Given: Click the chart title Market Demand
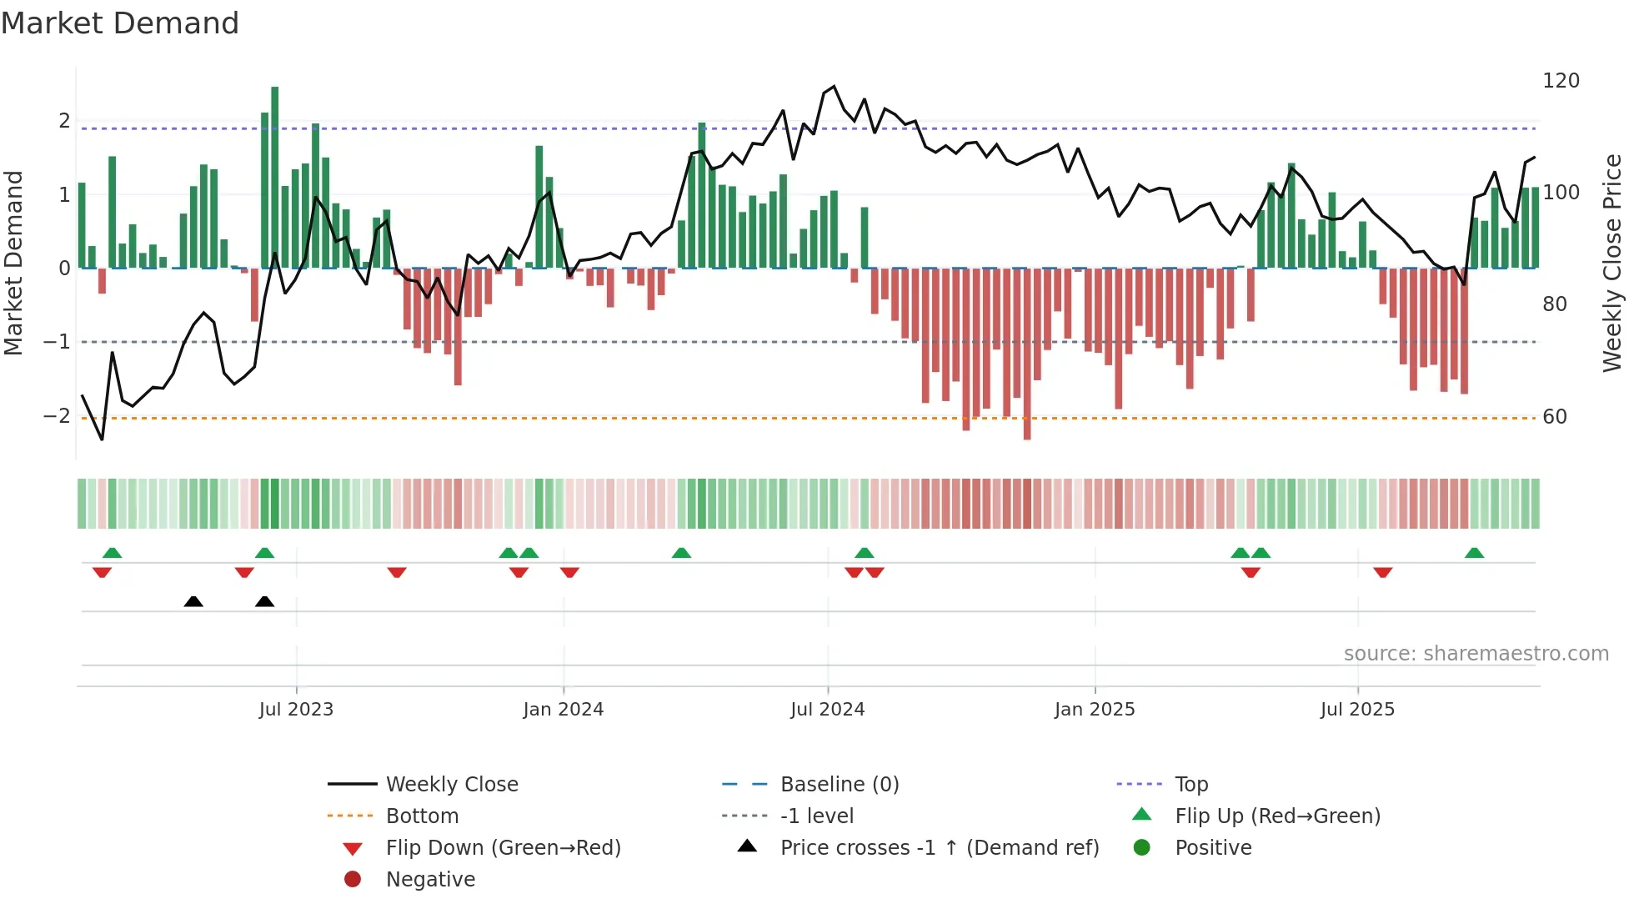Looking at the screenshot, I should (x=120, y=23).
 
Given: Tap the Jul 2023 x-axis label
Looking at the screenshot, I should (x=296, y=710).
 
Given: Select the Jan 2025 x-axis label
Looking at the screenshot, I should (x=1094, y=710).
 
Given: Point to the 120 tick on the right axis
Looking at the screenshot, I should (x=1561, y=81).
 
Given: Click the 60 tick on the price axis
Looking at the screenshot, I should (x=1555, y=417).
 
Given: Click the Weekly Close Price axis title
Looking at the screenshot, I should (x=1612, y=263).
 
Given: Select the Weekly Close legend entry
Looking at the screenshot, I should (x=452, y=785).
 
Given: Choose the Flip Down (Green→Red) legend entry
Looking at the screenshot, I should (x=503, y=848).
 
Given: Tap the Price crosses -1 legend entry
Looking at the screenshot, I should (x=939, y=848).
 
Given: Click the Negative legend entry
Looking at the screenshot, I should (x=430, y=880).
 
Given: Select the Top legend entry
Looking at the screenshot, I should (x=1191, y=785).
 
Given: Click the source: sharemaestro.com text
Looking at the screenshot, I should (x=1476, y=654).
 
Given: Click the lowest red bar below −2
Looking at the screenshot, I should (x=1027, y=354).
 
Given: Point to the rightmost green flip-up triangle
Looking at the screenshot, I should (x=1474, y=553).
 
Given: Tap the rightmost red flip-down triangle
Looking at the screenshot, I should (x=1383, y=572).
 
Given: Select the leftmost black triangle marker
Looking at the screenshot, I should (x=193, y=601).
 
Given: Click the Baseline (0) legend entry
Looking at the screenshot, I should (x=839, y=785).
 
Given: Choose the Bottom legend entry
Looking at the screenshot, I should (x=422, y=816).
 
